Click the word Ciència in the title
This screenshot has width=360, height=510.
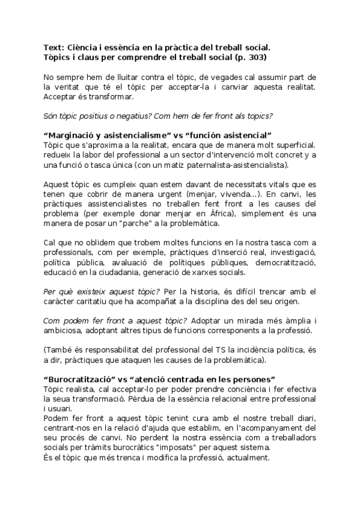coord(84,47)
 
